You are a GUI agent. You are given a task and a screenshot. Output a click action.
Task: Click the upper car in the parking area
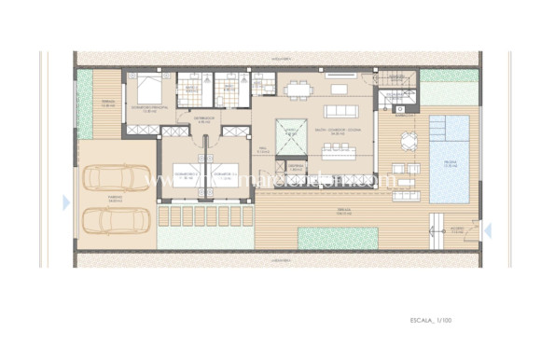(116, 177)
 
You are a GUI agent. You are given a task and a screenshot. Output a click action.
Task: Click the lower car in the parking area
(116, 220)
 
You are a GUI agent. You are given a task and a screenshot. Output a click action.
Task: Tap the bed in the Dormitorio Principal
(146, 91)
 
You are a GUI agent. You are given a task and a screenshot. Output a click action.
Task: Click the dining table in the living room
(299, 90)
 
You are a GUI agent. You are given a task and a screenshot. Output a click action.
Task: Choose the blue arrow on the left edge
(65, 202)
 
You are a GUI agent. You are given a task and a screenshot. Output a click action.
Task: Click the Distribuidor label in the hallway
(205, 119)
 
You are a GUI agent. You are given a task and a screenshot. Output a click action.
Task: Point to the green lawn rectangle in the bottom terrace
(338, 237)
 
